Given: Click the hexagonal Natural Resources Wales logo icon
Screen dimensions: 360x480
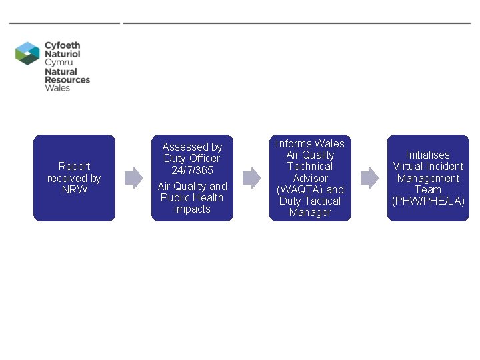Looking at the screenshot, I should tap(28, 53).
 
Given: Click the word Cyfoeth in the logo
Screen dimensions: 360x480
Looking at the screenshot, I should tap(62, 46).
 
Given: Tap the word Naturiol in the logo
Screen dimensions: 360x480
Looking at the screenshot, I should tap(62, 54).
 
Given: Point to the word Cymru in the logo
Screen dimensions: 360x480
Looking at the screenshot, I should tap(59, 62).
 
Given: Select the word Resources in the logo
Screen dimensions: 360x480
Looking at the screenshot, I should tap(67, 79).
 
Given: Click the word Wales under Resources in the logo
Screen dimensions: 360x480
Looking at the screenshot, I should tap(57, 87).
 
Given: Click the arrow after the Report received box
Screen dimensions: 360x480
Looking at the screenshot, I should tap(134, 177).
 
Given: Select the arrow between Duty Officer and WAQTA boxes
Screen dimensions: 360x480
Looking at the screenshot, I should tap(251, 177).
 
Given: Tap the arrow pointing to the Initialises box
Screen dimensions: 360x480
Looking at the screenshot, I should tap(369, 177).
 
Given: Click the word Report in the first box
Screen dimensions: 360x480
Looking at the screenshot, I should tap(74, 166).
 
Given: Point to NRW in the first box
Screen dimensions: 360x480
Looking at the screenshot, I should tap(74, 189).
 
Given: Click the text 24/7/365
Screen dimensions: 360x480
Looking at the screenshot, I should tap(192, 170).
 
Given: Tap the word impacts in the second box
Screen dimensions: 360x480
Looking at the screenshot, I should tap(192, 209).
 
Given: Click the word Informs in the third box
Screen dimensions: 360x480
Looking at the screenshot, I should tap(293, 143).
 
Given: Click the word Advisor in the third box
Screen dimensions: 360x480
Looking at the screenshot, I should tap(310, 178).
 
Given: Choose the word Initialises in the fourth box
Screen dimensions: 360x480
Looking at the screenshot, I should tap(428, 155).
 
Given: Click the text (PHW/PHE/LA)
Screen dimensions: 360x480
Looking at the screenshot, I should tap(428, 201).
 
